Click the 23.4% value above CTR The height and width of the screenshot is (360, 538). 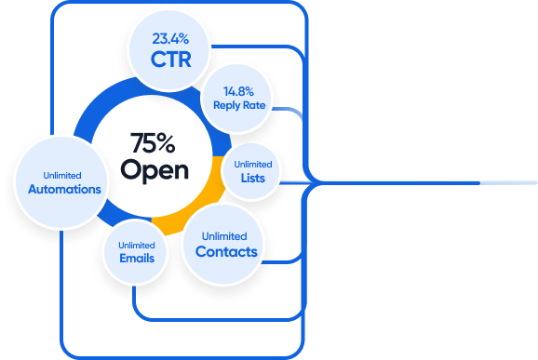click(x=170, y=39)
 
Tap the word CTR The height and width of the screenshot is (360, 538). click(x=171, y=59)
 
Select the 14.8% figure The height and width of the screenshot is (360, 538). click(x=238, y=91)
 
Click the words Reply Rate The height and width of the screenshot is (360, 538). click(x=239, y=105)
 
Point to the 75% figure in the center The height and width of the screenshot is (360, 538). click(x=153, y=142)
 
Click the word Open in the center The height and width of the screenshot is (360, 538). click(x=155, y=169)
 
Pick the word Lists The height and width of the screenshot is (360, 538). click(x=253, y=178)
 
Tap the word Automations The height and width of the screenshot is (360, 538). click(x=64, y=189)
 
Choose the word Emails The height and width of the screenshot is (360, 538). click(x=137, y=259)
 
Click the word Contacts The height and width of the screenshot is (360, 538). click(x=226, y=252)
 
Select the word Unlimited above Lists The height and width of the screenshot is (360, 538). click(x=253, y=165)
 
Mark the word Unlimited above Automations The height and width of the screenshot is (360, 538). click(x=62, y=176)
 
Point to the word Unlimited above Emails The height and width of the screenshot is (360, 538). click(x=137, y=246)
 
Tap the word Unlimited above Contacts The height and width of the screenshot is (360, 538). click(x=224, y=236)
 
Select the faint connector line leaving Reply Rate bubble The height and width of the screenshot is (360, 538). click(x=289, y=111)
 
